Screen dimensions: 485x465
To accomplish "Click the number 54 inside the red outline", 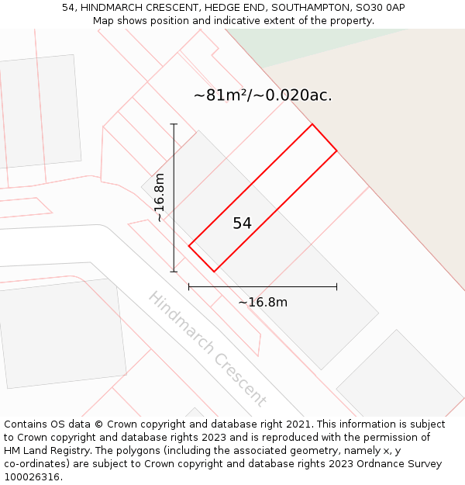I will click(242, 223).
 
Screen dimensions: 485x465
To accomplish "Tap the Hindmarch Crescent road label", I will click(207, 348).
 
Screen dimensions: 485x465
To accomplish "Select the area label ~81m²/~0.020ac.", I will click(263, 95).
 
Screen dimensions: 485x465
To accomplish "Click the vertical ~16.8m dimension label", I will click(160, 198).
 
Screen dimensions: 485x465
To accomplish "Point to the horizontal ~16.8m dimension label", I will click(263, 302).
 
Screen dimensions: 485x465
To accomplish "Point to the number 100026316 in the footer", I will click(32, 476).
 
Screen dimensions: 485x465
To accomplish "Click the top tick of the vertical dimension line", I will click(174, 124).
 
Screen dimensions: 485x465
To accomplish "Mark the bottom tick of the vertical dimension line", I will click(174, 272).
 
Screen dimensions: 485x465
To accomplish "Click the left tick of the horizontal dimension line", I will click(189, 286).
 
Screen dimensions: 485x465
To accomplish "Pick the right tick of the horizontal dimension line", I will click(336, 286).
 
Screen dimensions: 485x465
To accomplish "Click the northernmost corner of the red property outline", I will click(312, 124).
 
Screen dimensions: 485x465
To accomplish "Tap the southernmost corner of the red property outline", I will click(214, 272).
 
